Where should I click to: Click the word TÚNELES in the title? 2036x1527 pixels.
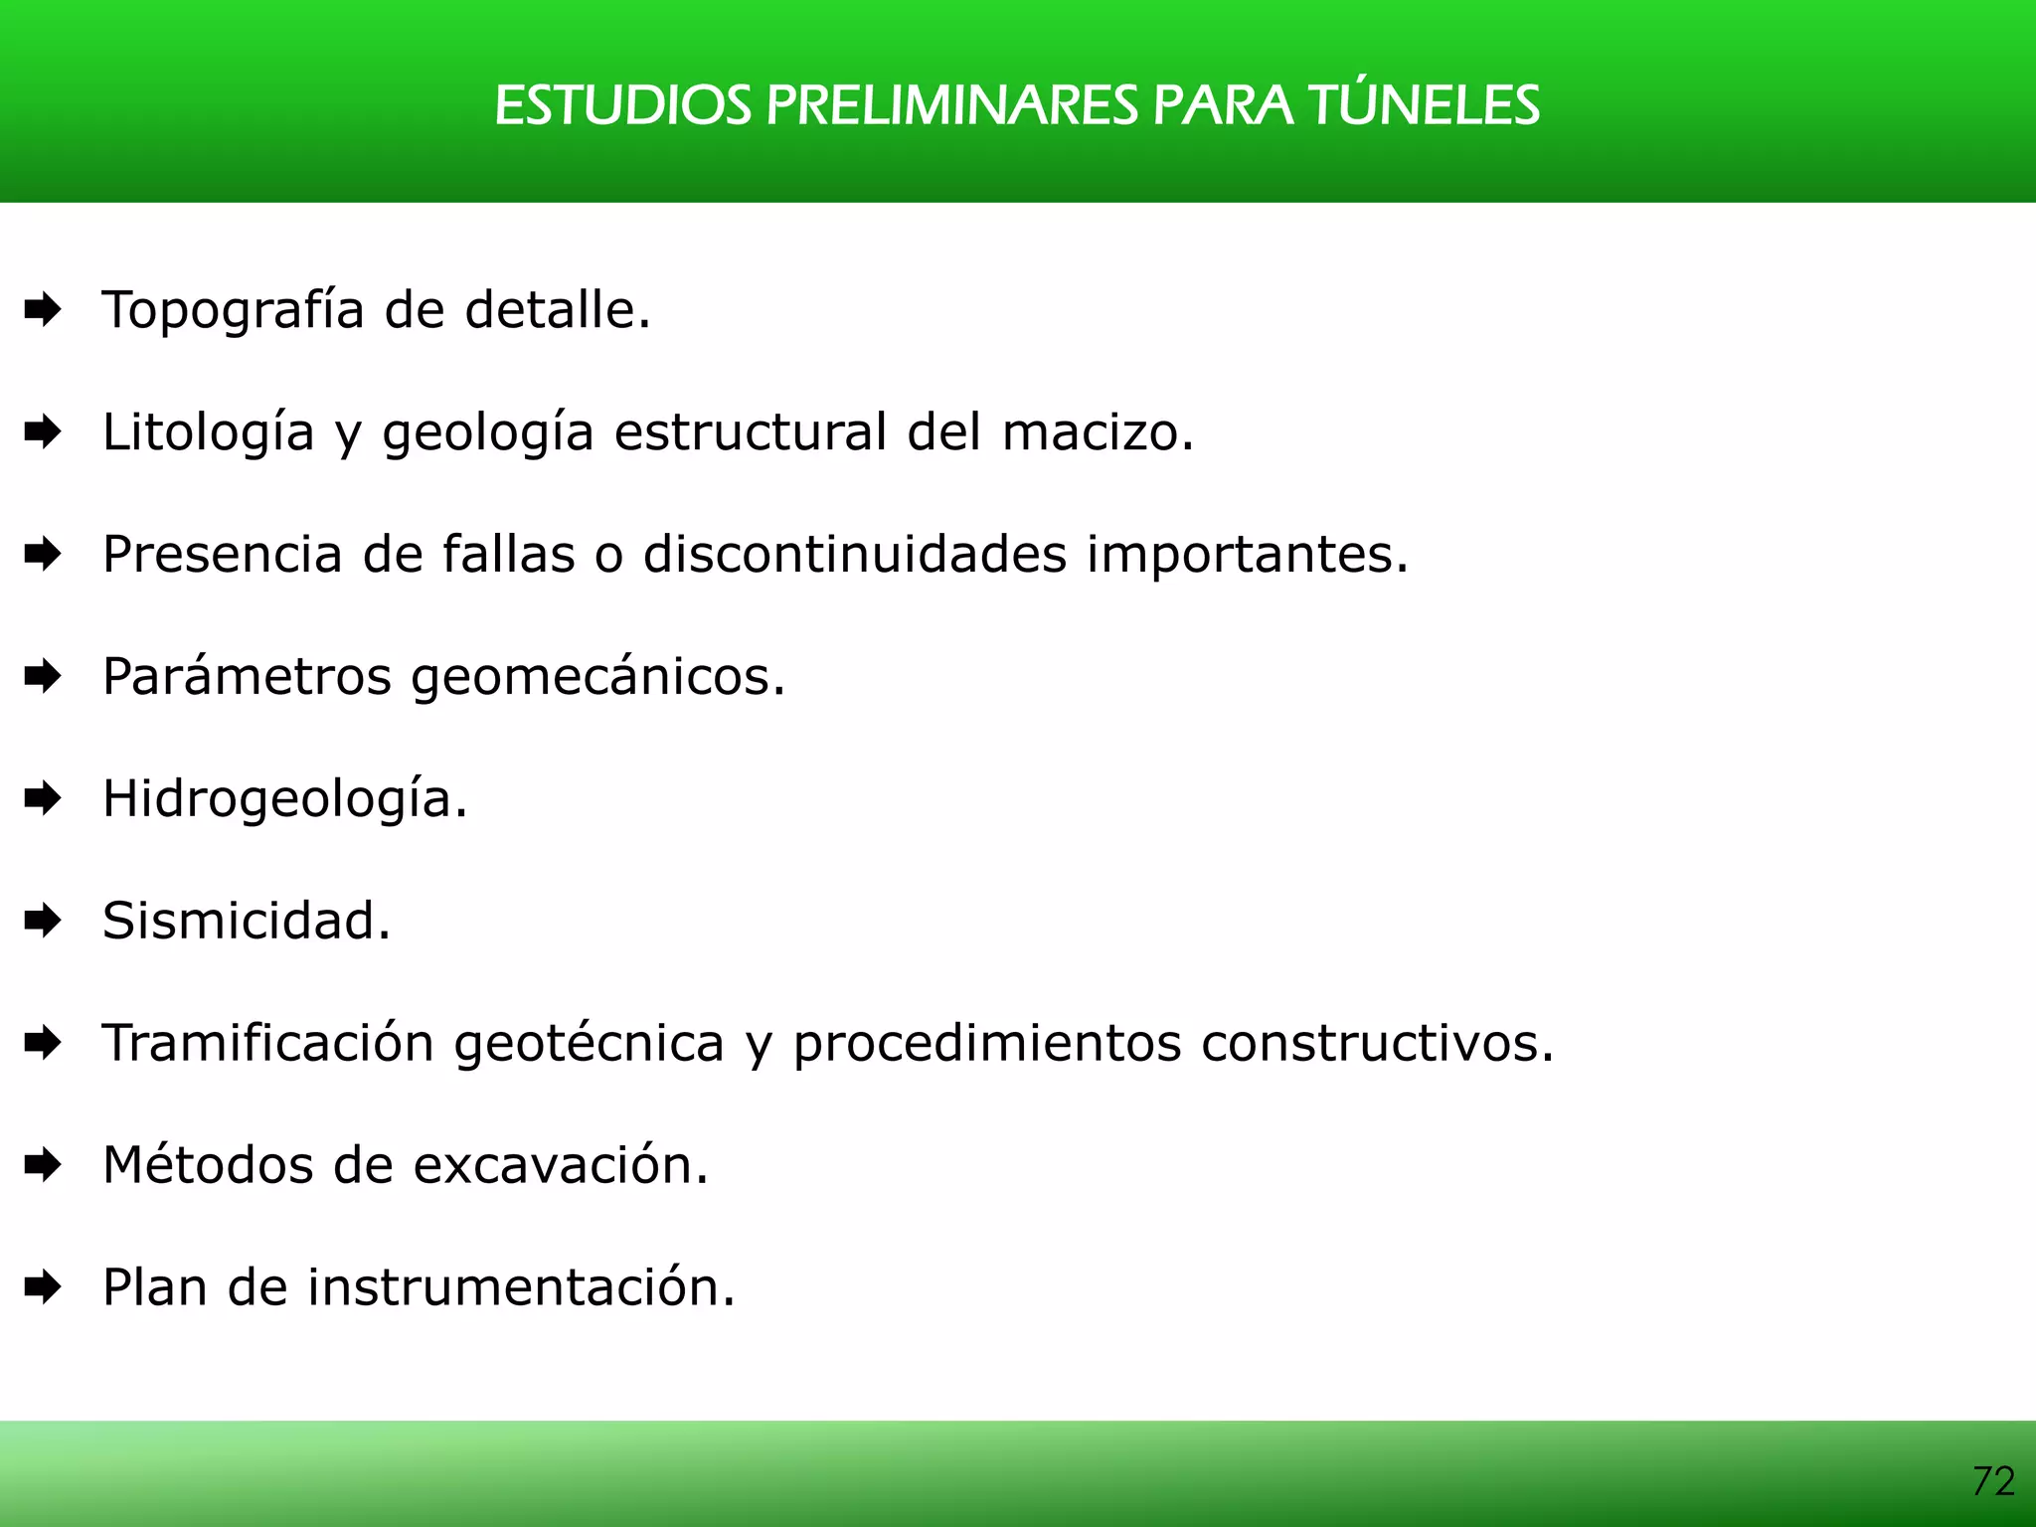(x=1424, y=105)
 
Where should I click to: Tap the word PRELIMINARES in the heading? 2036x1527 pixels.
(x=950, y=105)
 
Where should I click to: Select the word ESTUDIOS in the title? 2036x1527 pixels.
(x=622, y=105)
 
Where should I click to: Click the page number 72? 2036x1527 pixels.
(x=1992, y=1481)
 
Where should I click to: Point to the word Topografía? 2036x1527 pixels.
(x=234, y=310)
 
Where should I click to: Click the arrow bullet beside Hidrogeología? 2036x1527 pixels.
(x=43, y=798)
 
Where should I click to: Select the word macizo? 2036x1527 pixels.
(x=1098, y=432)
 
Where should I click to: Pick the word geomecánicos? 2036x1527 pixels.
(x=597, y=677)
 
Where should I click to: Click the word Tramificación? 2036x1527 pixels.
(x=268, y=1043)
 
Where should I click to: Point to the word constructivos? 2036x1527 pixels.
(x=1377, y=1043)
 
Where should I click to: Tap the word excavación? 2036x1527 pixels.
(x=561, y=1165)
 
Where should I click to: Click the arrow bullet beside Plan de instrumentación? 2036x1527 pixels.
(x=43, y=1287)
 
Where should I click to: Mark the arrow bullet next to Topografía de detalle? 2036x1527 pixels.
(x=43, y=310)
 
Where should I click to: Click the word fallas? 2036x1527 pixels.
(x=508, y=555)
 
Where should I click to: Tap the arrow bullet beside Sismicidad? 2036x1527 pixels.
(x=43, y=921)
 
